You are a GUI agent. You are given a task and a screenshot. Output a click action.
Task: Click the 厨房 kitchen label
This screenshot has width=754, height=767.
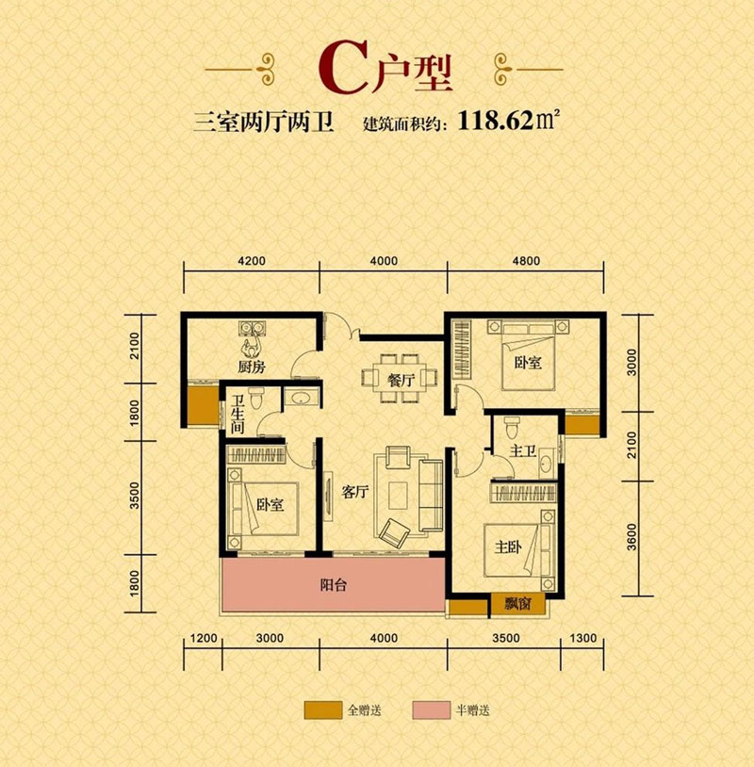pos(250,367)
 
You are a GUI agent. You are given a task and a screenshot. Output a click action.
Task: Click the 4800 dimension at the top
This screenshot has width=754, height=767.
pos(526,261)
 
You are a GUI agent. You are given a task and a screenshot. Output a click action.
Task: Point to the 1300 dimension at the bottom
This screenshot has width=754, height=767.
pos(583,638)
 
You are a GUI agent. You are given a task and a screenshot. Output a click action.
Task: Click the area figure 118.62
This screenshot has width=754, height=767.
pos(494,121)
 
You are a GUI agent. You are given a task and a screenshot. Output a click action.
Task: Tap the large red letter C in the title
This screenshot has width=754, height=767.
pos(340,68)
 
